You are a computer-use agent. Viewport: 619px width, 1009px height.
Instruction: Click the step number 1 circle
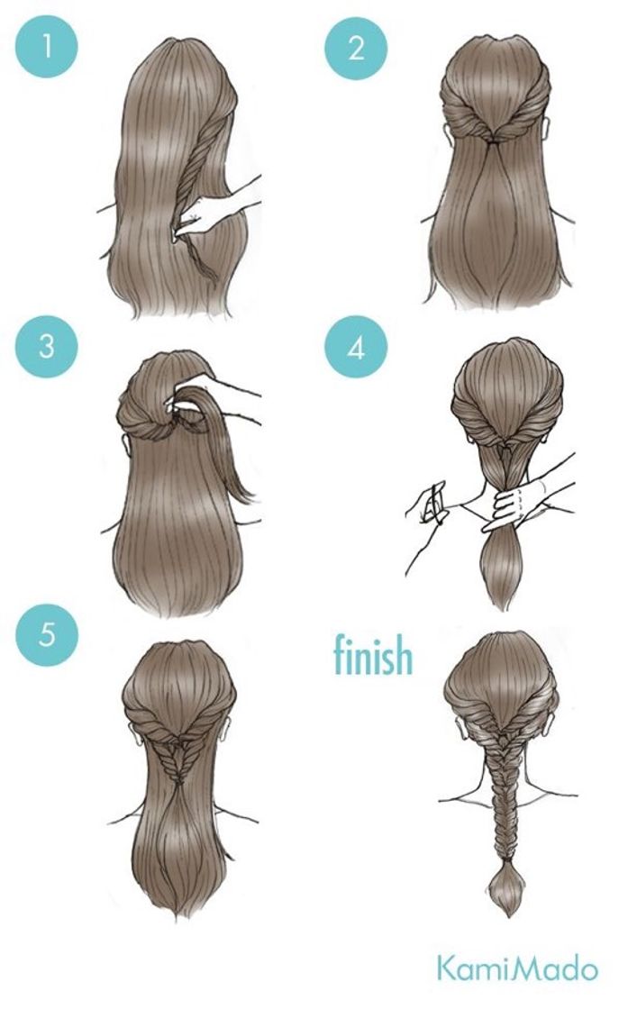pos(46,46)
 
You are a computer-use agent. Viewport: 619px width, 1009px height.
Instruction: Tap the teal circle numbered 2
pos(356,47)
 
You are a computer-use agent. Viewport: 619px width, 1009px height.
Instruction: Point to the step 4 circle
pos(356,347)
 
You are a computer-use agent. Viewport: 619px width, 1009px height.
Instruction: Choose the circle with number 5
pos(47,634)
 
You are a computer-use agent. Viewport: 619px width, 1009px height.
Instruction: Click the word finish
pos(373,654)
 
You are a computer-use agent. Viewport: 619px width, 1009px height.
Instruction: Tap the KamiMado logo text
pos(517,968)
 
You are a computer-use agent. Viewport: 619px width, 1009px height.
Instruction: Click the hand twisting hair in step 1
pos(206,213)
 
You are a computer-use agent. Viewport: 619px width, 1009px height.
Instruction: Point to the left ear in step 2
pos(446,132)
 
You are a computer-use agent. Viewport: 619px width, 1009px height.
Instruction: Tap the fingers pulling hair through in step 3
pos(187,402)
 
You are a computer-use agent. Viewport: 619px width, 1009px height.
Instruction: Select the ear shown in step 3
pos(125,445)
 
